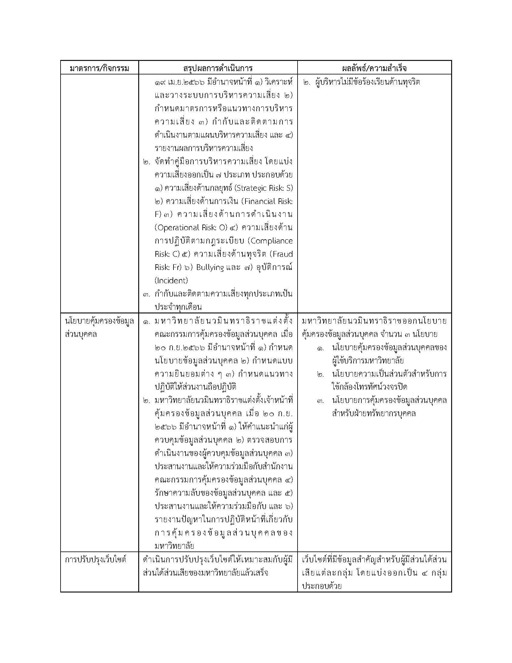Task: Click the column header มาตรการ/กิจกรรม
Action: (99, 68)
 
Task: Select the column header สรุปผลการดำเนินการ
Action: (218, 68)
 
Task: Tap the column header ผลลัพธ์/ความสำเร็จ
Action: (374, 68)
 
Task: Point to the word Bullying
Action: (210, 267)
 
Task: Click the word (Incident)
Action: (171, 280)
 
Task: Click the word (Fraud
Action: (281, 254)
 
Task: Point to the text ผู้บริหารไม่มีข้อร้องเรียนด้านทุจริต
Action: (368, 82)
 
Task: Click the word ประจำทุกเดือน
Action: (178, 307)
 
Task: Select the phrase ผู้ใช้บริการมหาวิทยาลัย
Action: (368, 361)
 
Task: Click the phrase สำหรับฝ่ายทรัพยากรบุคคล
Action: (374, 413)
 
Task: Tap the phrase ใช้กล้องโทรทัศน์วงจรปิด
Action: (370, 387)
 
